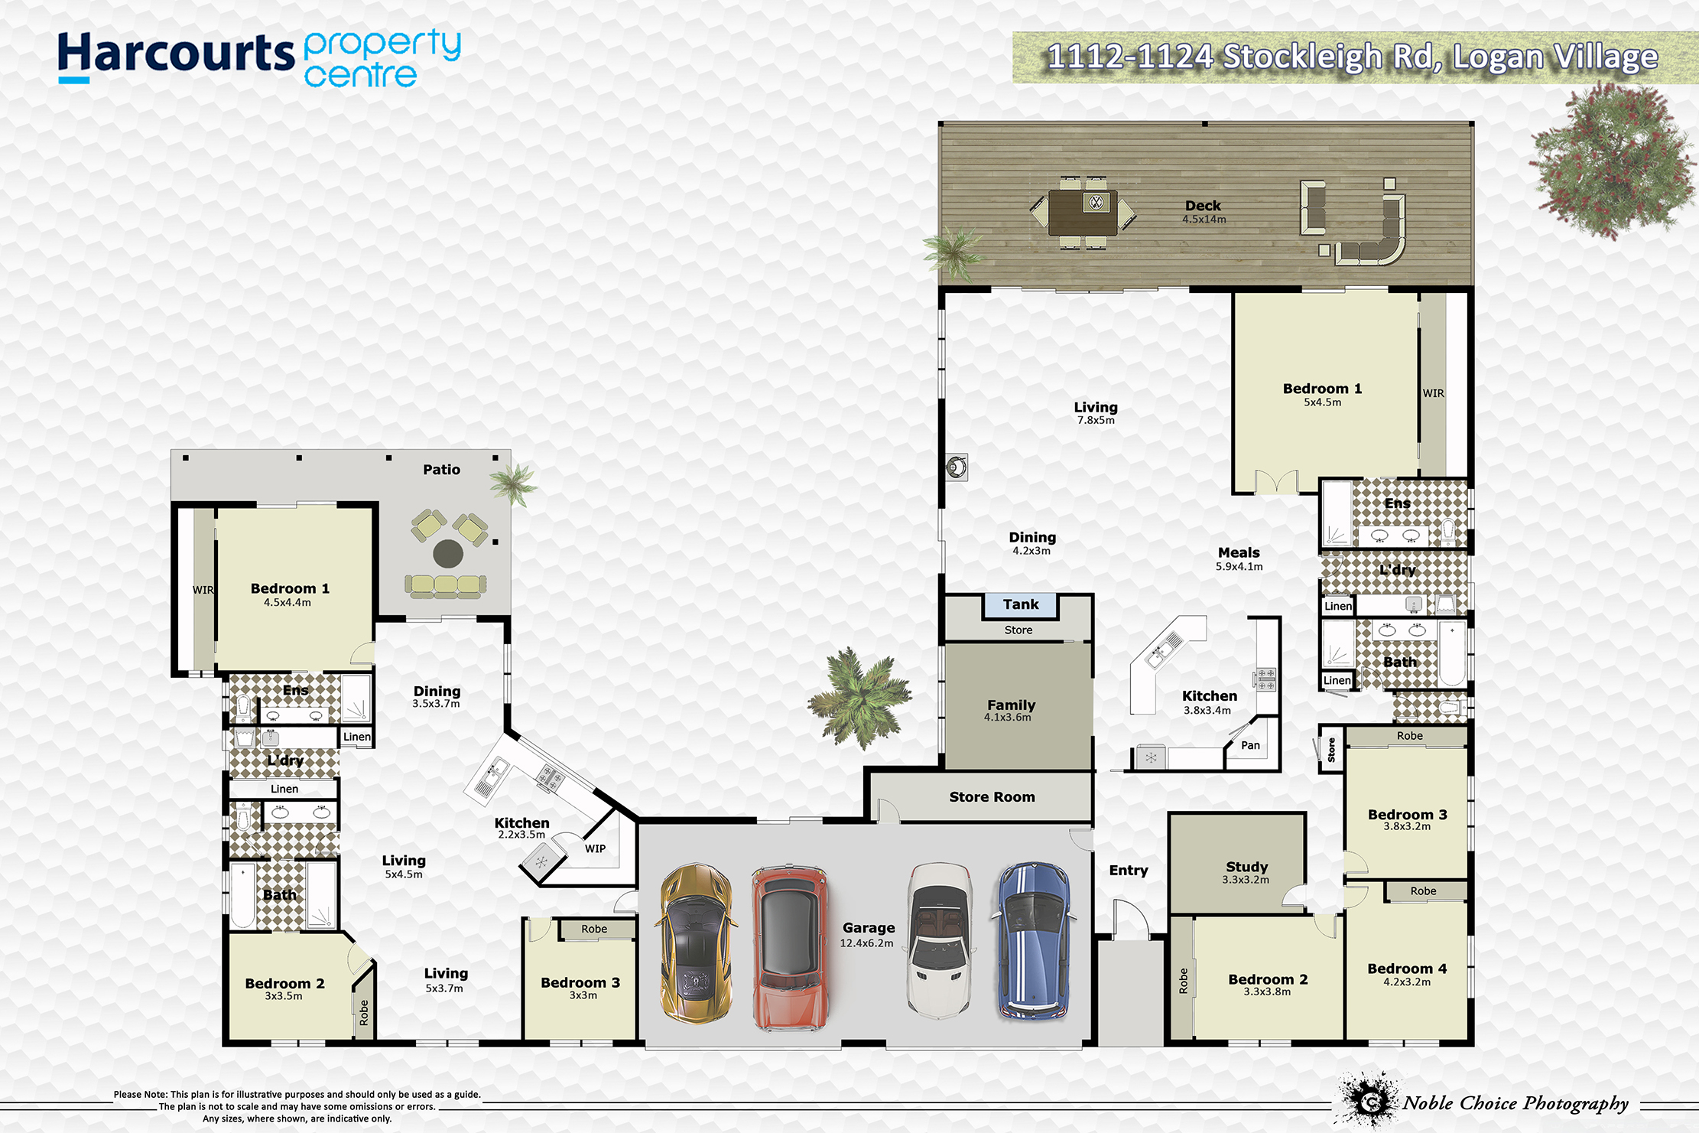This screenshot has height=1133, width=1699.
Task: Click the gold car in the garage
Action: coord(695,943)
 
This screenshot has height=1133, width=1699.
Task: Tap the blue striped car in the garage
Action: coord(1033,941)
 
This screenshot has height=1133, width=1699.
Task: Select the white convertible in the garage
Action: coord(940,940)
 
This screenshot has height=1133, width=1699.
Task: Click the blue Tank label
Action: coord(1021,604)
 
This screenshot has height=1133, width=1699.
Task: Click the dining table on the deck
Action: coord(1083,213)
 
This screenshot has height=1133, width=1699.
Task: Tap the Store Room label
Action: coord(992,797)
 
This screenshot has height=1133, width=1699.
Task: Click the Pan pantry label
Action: coord(1250,745)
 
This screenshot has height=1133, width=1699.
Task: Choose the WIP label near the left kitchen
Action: coord(595,848)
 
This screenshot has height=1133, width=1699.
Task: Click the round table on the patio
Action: coord(448,553)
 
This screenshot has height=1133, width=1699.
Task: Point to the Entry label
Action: coord(1129,871)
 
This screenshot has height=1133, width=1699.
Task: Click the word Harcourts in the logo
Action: coord(176,55)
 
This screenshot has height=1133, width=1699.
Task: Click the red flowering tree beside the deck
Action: coord(1612,160)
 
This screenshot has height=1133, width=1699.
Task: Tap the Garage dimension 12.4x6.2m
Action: coord(866,943)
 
